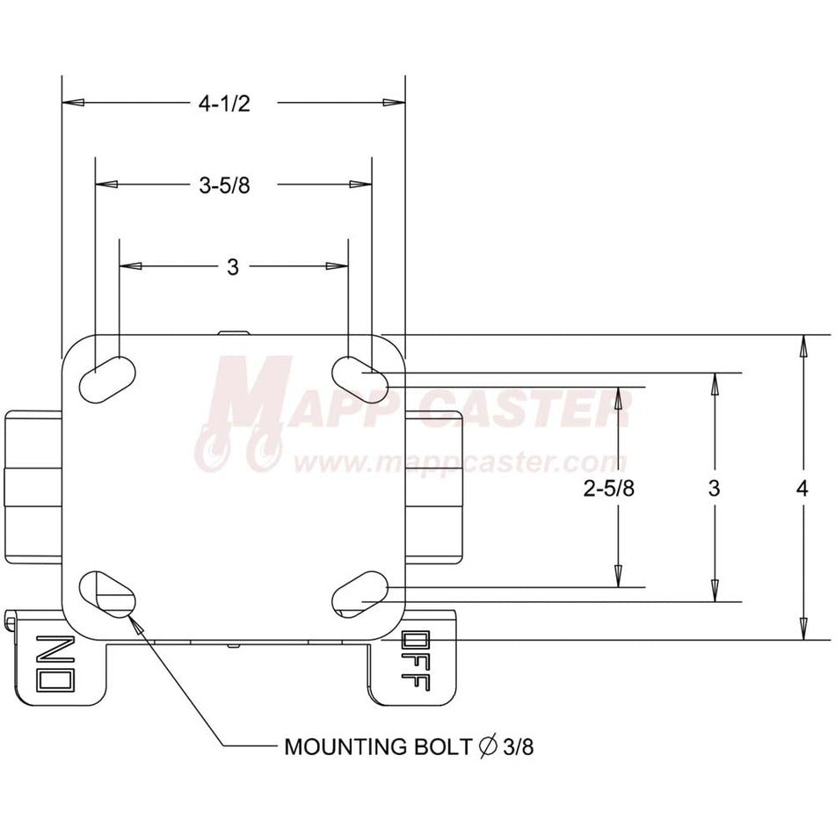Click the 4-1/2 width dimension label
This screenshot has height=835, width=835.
(223, 104)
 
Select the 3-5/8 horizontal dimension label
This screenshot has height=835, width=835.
(224, 185)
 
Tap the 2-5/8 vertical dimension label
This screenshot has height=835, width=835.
(609, 488)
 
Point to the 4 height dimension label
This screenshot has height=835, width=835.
(802, 488)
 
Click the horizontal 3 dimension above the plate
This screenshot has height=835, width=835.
(233, 267)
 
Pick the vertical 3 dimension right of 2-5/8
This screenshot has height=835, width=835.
(714, 488)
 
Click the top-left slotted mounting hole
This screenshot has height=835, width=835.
(107, 379)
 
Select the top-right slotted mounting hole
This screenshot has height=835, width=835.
(360, 379)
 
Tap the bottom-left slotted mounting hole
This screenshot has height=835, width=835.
(107, 594)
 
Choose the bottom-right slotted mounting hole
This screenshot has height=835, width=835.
(360, 594)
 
